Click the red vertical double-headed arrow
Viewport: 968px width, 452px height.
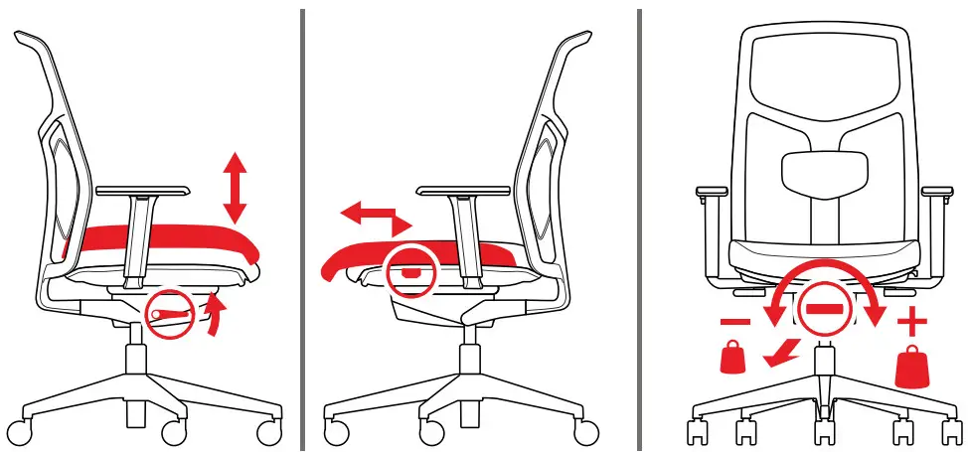(x=235, y=188)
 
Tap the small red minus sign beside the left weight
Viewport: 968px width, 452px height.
(x=734, y=324)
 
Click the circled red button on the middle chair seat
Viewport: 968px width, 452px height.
(x=411, y=269)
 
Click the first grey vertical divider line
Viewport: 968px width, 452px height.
(x=302, y=228)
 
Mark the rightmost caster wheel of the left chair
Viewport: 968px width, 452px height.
(x=268, y=432)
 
